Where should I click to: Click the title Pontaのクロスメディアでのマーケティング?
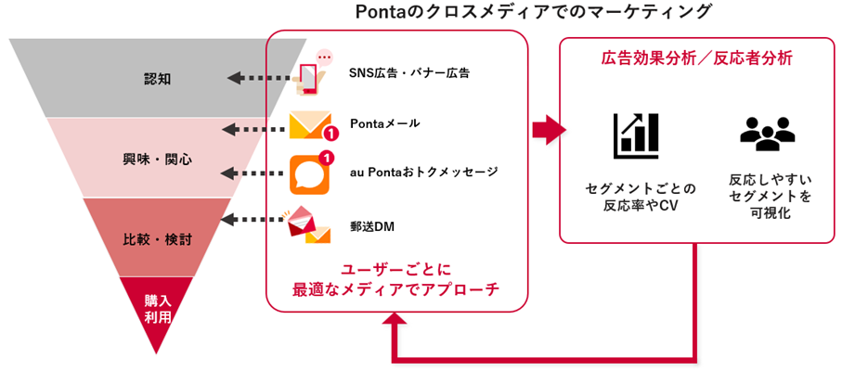(x=534, y=12)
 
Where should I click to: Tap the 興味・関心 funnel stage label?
(x=158, y=159)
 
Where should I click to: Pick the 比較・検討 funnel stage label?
(x=158, y=238)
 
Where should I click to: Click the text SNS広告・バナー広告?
(x=408, y=72)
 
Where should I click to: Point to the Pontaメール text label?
(x=384, y=123)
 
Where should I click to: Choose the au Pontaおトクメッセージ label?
(x=423, y=172)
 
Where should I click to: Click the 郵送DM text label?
(x=372, y=224)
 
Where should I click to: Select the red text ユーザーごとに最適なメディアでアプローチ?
(x=396, y=279)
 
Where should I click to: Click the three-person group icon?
(x=767, y=134)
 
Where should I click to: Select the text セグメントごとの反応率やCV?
(x=635, y=197)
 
